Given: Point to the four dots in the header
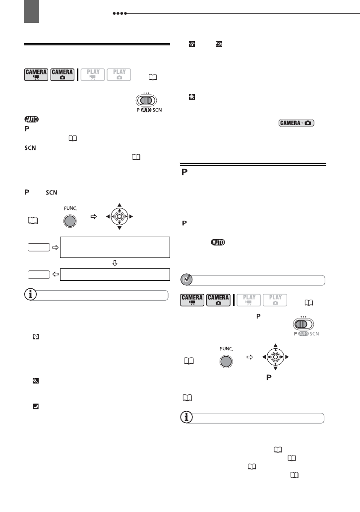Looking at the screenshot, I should coord(120,14).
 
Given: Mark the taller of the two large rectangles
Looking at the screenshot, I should coord(115,247).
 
